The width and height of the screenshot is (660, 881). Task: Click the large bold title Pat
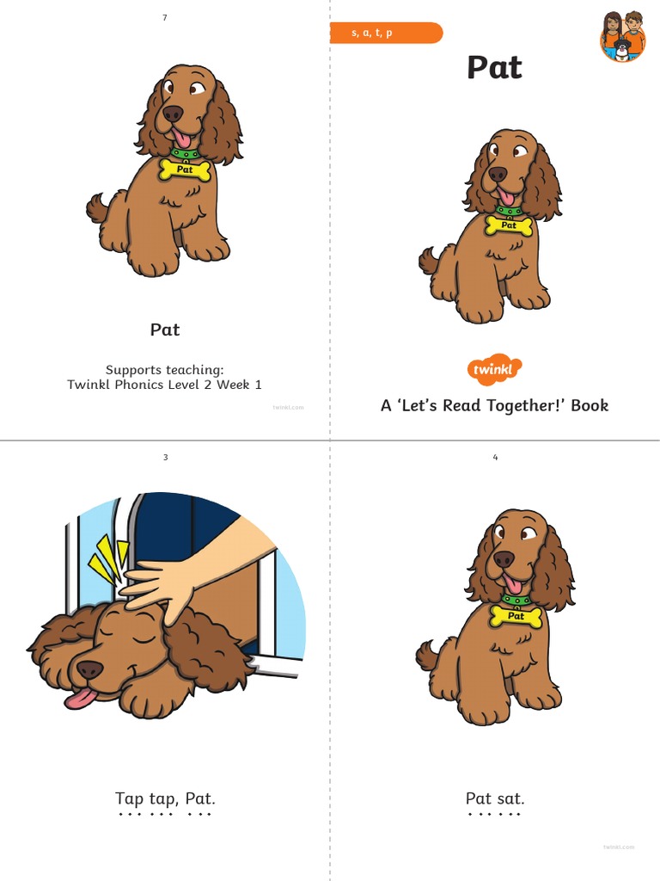coord(494,68)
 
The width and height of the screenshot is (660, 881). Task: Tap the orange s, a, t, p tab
coord(386,34)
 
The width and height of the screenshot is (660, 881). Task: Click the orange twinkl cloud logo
coord(494,370)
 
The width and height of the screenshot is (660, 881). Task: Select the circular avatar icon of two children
coord(622,36)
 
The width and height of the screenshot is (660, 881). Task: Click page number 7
coord(165,18)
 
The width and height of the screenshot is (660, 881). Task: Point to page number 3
coord(165,458)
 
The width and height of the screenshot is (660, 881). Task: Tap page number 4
coord(495,458)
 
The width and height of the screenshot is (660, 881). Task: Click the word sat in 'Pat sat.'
coord(510,798)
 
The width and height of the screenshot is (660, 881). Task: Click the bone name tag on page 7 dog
coord(184,169)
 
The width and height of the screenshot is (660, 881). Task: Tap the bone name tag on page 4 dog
coord(516,616)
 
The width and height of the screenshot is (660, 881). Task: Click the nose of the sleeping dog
coord(89,669)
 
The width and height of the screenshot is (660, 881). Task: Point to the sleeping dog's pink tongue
coord(79,698)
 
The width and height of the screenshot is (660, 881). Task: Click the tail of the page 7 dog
coord(96,207)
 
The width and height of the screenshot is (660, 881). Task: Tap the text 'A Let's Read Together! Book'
coord(494,405)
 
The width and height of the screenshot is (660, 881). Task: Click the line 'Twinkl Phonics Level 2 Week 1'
coord(165,385)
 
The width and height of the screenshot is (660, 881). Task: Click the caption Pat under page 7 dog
coord(165,330)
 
